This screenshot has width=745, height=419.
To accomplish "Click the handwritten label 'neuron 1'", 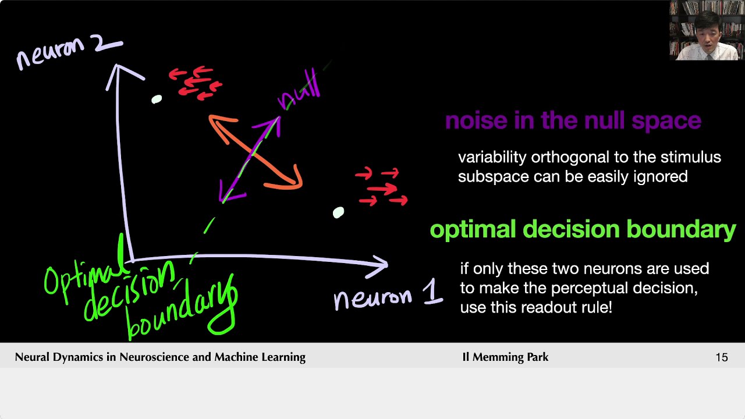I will click(388, 297).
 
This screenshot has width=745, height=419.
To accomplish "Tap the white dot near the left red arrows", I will click(156, 100).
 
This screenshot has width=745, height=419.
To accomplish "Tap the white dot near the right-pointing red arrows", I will click(338, 213).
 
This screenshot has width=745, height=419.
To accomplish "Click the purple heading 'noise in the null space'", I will click(573, 120).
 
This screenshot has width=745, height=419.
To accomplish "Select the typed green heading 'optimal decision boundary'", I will click(583, 229).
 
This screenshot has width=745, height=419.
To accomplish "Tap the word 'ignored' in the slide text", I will click(663, 176).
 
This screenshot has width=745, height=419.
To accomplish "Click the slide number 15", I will click(721, 357).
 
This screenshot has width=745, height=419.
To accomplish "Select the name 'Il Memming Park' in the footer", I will click(505, 357).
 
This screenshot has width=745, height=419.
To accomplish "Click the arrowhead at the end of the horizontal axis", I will click(381, 264).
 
